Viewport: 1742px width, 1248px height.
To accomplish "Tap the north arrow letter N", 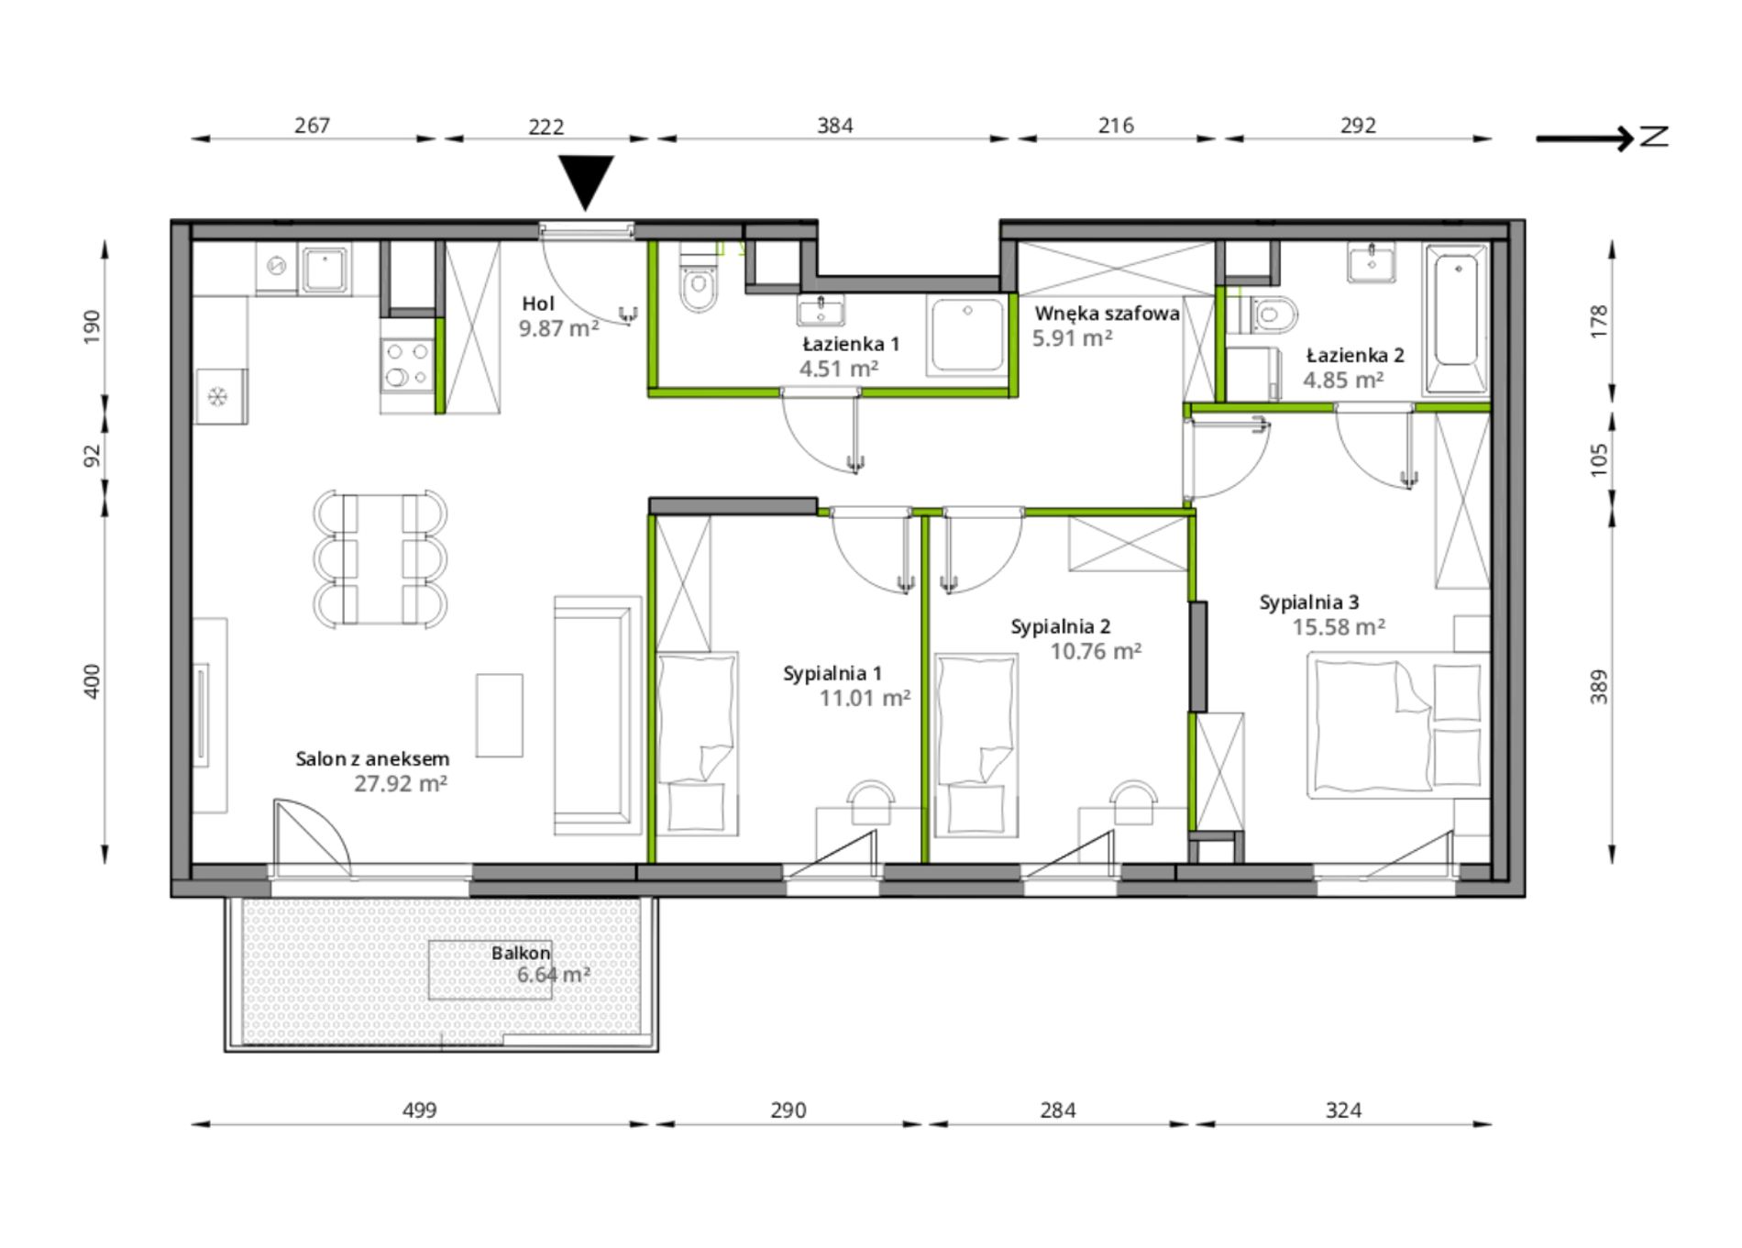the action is click(1654, 138).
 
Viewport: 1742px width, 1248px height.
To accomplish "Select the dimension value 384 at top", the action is click(835, 126).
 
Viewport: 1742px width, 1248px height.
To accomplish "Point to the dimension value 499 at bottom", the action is click(420, 1110).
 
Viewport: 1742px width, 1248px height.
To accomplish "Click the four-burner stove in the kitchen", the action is click(408, 363).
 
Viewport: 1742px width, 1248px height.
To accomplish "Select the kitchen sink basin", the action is click(325, 270).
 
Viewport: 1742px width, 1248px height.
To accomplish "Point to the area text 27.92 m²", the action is click(401, 784).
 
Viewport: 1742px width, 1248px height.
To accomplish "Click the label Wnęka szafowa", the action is click(1108, 314).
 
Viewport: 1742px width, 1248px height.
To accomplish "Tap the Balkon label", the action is click(521, 954).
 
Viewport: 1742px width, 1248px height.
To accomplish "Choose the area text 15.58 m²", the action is click(1339, 627).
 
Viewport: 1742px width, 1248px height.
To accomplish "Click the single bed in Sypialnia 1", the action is click(698, 744).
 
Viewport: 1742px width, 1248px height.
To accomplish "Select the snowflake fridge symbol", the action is click(218, 397).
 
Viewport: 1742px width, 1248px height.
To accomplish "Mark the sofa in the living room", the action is click(597, 715).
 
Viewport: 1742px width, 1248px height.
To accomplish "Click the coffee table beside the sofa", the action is click(500, 716).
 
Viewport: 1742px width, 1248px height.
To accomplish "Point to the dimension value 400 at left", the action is click(92, 681).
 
